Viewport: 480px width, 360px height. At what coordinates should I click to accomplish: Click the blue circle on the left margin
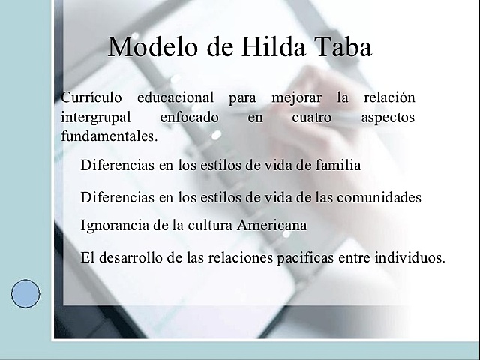[26, 293]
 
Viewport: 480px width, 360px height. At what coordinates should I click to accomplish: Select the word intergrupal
[94, 118]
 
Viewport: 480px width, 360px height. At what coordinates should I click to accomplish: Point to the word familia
[337, 164]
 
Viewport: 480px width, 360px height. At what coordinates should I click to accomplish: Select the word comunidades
[378, 197]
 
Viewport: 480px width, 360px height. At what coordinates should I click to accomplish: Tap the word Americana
[272, 224]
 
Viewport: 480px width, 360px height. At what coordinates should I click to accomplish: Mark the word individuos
[409, 257]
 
